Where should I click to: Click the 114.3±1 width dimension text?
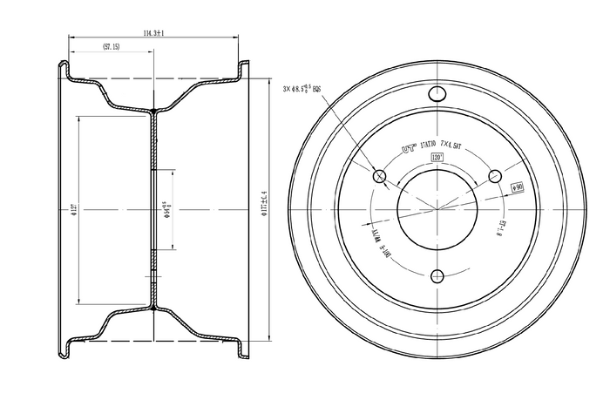coord(153,32)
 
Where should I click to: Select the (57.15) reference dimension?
coord(111,47)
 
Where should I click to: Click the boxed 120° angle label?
coord(437,157)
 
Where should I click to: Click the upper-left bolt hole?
coord(380,177)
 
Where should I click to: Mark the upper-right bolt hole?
coord(496,176)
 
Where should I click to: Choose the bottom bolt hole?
coord(438,276)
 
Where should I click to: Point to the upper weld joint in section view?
coord(153,111)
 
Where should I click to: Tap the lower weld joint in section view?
coord(153,308)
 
